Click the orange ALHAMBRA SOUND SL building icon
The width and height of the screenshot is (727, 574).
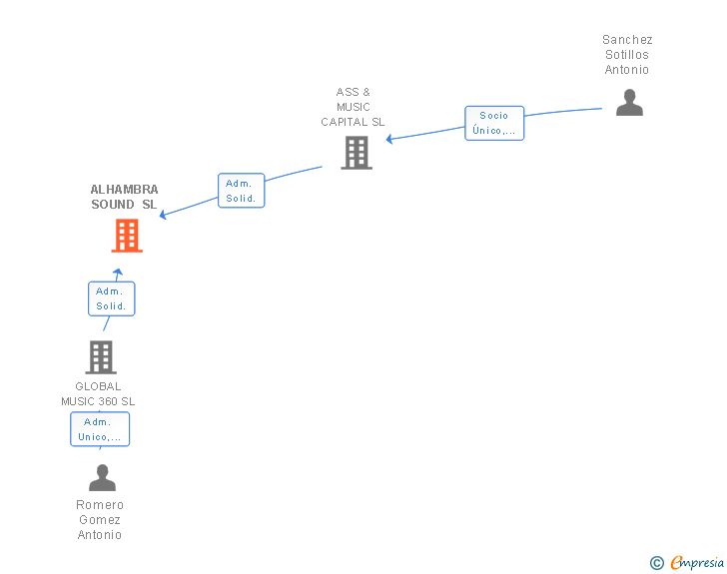coord(127,237)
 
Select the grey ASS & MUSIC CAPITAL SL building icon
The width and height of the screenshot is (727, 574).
coord(357,153)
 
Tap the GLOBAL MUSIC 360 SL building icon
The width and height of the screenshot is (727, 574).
coord(100,357)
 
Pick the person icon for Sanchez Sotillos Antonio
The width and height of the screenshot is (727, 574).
coord(629,103)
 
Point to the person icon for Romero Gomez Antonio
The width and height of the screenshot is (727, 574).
coord(102,478)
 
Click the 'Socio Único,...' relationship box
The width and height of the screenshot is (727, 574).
coord(494,123)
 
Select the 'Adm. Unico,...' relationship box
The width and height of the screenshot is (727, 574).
coord(100,429)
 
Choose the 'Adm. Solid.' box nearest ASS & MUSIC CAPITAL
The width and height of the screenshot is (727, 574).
coord(241,191)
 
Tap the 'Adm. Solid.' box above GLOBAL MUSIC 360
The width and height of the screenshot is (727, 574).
coord(111,298)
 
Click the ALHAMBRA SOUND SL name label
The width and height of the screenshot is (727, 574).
coord(124,197)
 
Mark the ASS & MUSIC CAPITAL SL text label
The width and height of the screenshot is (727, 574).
coord(353,107)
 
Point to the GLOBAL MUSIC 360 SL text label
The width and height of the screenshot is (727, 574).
coord(98,394)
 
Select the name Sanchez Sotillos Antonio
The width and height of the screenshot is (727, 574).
coord(627,55)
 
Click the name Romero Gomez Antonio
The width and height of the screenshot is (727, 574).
coord(100,519)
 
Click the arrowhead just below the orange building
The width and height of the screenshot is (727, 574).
coord(118,272)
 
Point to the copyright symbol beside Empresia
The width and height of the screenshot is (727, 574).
coord(656,563)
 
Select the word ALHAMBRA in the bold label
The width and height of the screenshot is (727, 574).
coord(124,190)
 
